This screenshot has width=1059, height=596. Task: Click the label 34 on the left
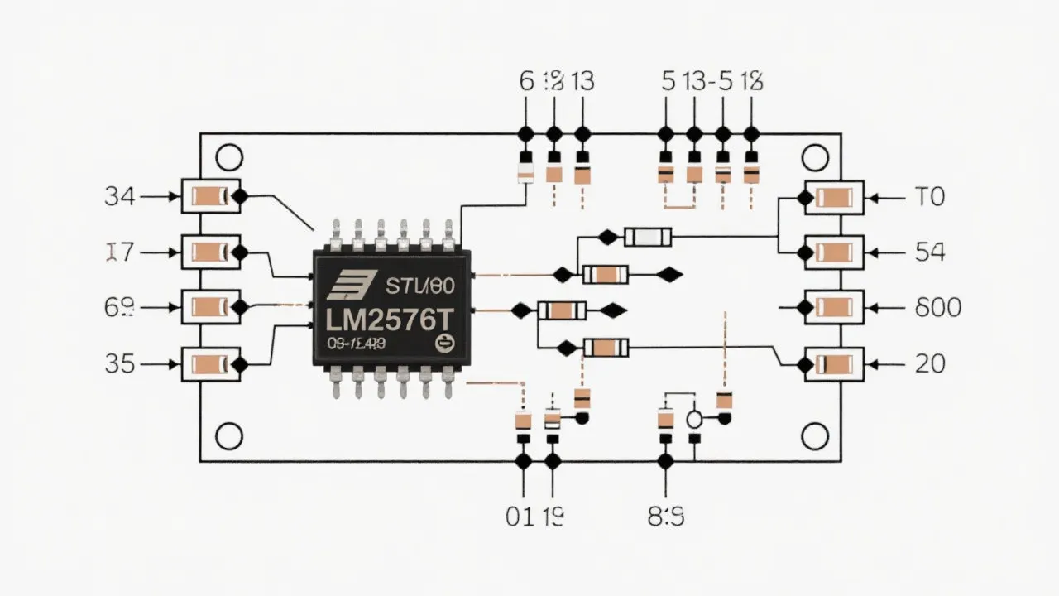[120, 197]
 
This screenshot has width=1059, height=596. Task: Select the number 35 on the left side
[120, 363]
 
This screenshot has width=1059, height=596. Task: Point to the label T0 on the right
[929, 197]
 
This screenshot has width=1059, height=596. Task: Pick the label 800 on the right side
[938, 308]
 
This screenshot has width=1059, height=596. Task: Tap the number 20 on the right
[931, 363]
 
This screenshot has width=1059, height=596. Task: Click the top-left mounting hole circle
[228, 157]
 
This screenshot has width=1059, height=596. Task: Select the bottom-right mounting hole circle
[815, 435]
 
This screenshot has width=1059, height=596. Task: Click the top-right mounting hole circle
[815, 157]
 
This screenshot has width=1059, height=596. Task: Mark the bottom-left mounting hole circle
[228, 435]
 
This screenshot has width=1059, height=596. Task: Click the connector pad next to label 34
[210, 197]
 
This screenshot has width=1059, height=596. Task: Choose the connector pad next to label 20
[835, 363]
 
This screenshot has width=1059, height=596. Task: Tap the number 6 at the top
[525, 81]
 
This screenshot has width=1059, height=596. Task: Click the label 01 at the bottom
[519, 517]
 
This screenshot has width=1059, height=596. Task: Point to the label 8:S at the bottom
[665, 517]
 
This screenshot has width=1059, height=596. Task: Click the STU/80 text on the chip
[420, 287]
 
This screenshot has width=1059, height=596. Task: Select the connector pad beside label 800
[835, 308]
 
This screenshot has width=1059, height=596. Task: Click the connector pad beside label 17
[210, 252]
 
